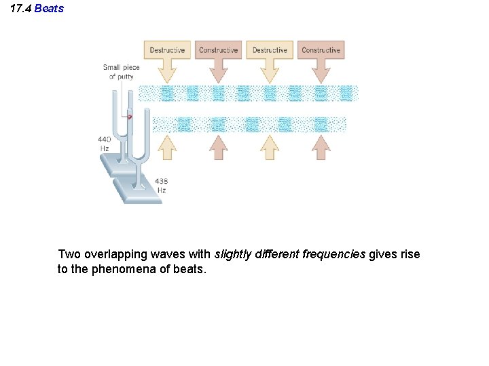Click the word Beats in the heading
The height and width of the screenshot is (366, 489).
pos(49,9)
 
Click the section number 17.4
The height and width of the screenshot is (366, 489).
pos(20,9)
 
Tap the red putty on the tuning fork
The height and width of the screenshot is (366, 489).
pos(129,117)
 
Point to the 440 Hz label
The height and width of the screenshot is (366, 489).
pos(105,144)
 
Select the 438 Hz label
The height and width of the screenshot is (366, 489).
pos(162,186)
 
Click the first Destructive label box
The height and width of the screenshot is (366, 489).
pos(167,50)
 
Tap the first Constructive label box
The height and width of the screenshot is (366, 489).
pos(219,50)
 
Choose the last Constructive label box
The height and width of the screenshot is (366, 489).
pos(321,50)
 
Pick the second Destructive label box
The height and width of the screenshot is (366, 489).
pos(270,50)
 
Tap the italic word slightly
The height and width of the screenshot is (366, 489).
pos(232,255)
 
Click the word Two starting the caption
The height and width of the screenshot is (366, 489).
pos(69,255)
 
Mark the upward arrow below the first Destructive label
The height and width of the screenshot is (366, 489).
pos(167,146)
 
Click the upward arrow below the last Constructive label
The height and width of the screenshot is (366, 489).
pos(321,146)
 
